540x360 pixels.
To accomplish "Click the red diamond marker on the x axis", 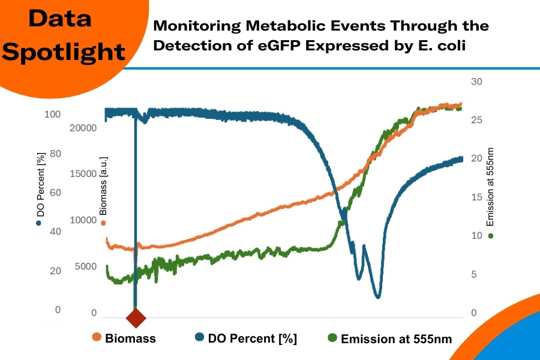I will (136, 317).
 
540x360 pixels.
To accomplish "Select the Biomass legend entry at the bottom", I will (124, 338).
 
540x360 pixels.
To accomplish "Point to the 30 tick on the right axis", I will (475, 82).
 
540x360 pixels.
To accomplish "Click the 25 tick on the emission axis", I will (475, 121).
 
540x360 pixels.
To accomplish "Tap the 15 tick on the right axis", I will (475, 197).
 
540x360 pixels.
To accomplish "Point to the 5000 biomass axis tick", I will (86, 266).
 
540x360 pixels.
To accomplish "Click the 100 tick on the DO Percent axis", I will (52, 114).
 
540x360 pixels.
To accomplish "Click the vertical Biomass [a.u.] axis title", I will (103, 186).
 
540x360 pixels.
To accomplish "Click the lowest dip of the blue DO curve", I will (377, 296).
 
